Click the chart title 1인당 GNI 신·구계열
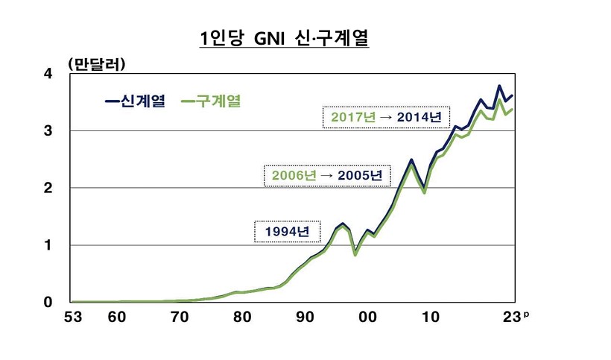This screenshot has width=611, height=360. (284, 38)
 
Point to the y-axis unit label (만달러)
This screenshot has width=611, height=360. (96, 64)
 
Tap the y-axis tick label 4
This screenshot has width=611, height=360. (48, 74)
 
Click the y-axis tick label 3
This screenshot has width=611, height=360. (48, 131)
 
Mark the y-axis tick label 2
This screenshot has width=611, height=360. (48, 188)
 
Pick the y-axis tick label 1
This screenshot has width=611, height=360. (48, 245)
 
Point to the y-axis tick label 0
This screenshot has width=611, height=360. (48, 302)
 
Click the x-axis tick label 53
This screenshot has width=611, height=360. (72, 317)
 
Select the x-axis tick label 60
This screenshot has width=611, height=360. (116, 317)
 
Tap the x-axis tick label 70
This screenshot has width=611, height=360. (179, 317)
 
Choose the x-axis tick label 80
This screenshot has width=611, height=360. (241, 317)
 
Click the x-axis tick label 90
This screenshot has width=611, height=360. (305, 317)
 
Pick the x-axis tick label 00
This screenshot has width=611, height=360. (367, 317)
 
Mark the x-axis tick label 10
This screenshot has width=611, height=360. (430, 317)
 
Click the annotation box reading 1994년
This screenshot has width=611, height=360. (287, 232)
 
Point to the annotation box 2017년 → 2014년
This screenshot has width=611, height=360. (382, 117)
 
